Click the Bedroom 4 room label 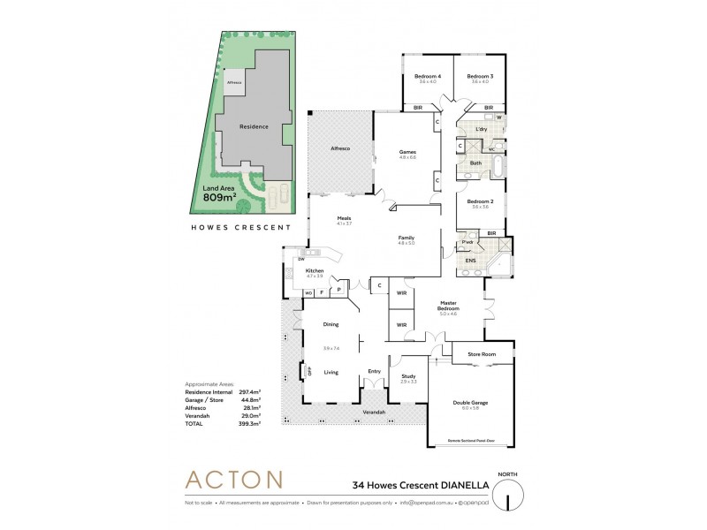click(x=428, y=76)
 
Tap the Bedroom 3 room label click(x=480, y=76)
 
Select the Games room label click(x=407, y=152)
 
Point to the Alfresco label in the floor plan click(x=341, y=149)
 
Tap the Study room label click(x=408, y=376)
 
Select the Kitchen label click(x=315, y=270)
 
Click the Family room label click(x=407, y=238)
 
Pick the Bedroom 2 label click(x=480, y=200)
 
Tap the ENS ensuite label click(x=470, y=261)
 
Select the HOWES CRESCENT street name click(x=242, y=227)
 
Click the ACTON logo click(x=233, y=481)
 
